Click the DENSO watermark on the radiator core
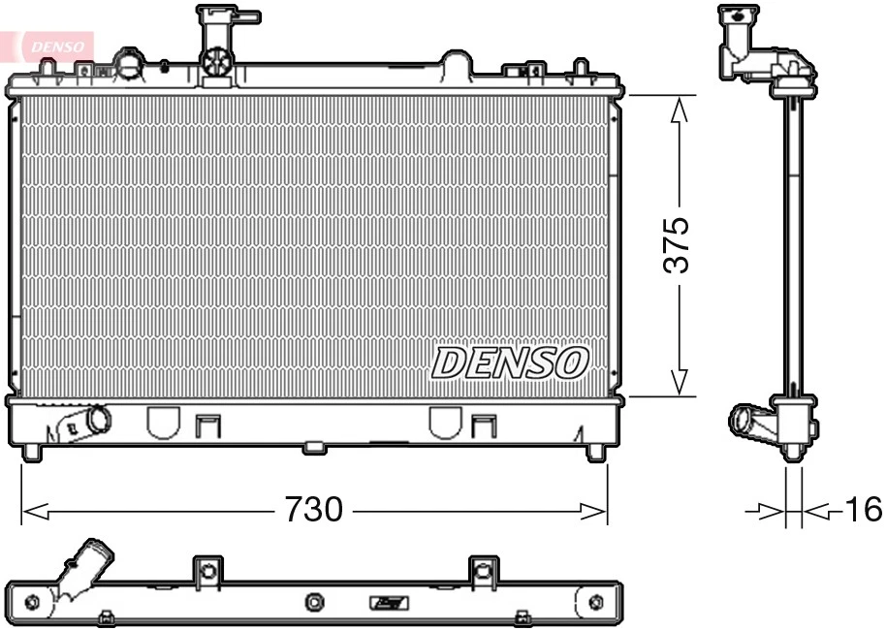[x=510, y=362]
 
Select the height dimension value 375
[x=677, y=244]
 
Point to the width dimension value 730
[x=313, y=509]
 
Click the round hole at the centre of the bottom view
[x=314, y=603]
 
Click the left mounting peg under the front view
[x=32, y=452]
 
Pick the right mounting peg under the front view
[x=595, y=452]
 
